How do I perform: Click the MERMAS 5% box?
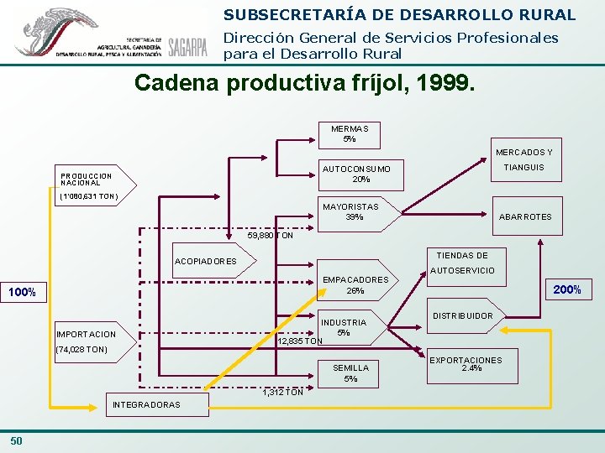pos(349,134)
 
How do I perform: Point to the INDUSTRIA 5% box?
pos(344,327)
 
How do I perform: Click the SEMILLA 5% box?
pos(350,372)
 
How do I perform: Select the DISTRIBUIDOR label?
pos(463,316)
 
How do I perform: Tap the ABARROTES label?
pos(525,216)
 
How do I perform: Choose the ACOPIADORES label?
pos(205,261)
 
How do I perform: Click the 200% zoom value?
pos(567,290)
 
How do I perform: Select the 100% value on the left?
pos(22,293)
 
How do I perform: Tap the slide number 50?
pos(17,441)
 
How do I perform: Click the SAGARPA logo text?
pos(187,47)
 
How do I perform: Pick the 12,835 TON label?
pos(300,341)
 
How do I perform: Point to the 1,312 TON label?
pos(283,392)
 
